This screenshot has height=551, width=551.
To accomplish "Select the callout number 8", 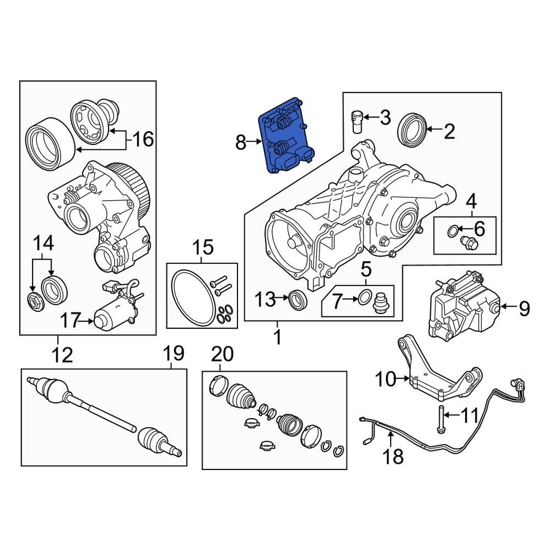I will [241, 143].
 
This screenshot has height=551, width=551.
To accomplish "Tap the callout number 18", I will [395, 456].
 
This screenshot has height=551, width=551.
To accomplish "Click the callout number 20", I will [222, 354].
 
